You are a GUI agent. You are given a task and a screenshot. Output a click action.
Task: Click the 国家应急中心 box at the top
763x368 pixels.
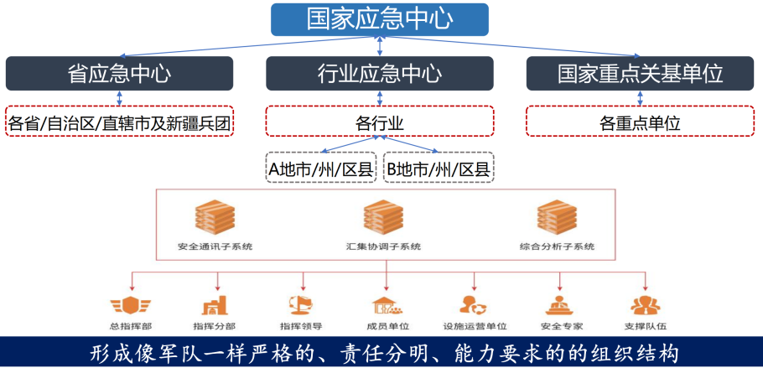coord(379,18)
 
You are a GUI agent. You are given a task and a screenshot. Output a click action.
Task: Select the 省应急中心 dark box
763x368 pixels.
coord(119,73)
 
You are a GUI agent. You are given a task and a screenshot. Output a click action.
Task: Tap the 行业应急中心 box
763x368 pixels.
coord(379,73)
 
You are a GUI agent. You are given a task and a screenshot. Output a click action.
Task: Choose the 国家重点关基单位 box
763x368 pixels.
coord(640,73)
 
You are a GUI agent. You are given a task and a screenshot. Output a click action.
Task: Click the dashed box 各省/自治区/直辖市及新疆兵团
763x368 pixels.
coord(119,122)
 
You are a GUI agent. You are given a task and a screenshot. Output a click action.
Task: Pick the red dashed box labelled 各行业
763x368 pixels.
coord(379,122)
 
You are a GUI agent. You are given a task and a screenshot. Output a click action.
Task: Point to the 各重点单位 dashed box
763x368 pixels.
coord(640,122)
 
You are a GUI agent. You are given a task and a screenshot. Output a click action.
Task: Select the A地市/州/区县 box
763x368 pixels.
coord(320,168)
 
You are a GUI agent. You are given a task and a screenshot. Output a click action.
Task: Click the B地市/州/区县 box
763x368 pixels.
coord(439,168)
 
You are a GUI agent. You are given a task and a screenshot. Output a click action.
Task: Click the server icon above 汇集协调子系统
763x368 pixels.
coord(383,218)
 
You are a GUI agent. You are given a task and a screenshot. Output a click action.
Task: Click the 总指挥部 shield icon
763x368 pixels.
coord(131,303)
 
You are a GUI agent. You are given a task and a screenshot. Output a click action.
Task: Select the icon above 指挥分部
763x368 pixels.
coord(215,303)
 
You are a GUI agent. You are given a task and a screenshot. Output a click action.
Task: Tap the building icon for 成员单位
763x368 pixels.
coord(387,303)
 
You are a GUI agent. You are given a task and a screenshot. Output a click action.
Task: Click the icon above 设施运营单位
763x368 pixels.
coord(474,303)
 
